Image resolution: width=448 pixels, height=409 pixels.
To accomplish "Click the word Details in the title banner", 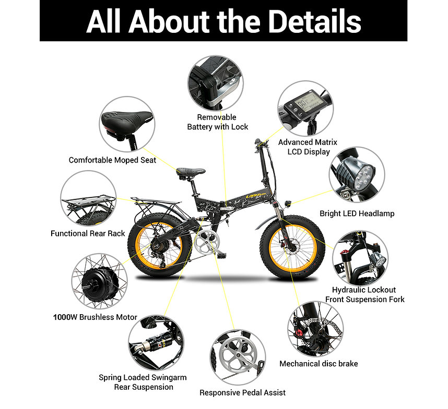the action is pos(315,21).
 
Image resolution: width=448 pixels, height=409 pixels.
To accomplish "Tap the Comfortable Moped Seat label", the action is pos(112,160).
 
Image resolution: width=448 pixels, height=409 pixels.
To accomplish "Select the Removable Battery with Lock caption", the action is pos(217,122).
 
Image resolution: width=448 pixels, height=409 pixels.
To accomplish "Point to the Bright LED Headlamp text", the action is pos(357,214).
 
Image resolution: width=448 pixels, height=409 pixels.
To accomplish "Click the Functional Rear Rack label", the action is pos(88,233).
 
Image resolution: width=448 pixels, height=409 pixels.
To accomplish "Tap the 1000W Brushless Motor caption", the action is pos(95,317).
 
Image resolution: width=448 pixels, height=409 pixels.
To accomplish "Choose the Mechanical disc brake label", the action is pos(319,364).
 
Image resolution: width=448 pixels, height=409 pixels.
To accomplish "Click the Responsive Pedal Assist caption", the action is pos(242,392).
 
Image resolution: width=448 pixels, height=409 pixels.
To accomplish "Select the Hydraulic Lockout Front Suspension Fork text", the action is pos(365,295).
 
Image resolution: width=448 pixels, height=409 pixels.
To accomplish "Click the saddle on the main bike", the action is pos(191,171).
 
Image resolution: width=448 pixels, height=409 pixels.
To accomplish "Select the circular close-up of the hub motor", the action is pos(99,281).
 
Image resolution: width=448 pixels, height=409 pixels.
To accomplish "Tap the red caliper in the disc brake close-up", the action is pos(299,332).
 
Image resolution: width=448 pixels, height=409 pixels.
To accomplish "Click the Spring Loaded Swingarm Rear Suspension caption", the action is pos(143,382).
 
